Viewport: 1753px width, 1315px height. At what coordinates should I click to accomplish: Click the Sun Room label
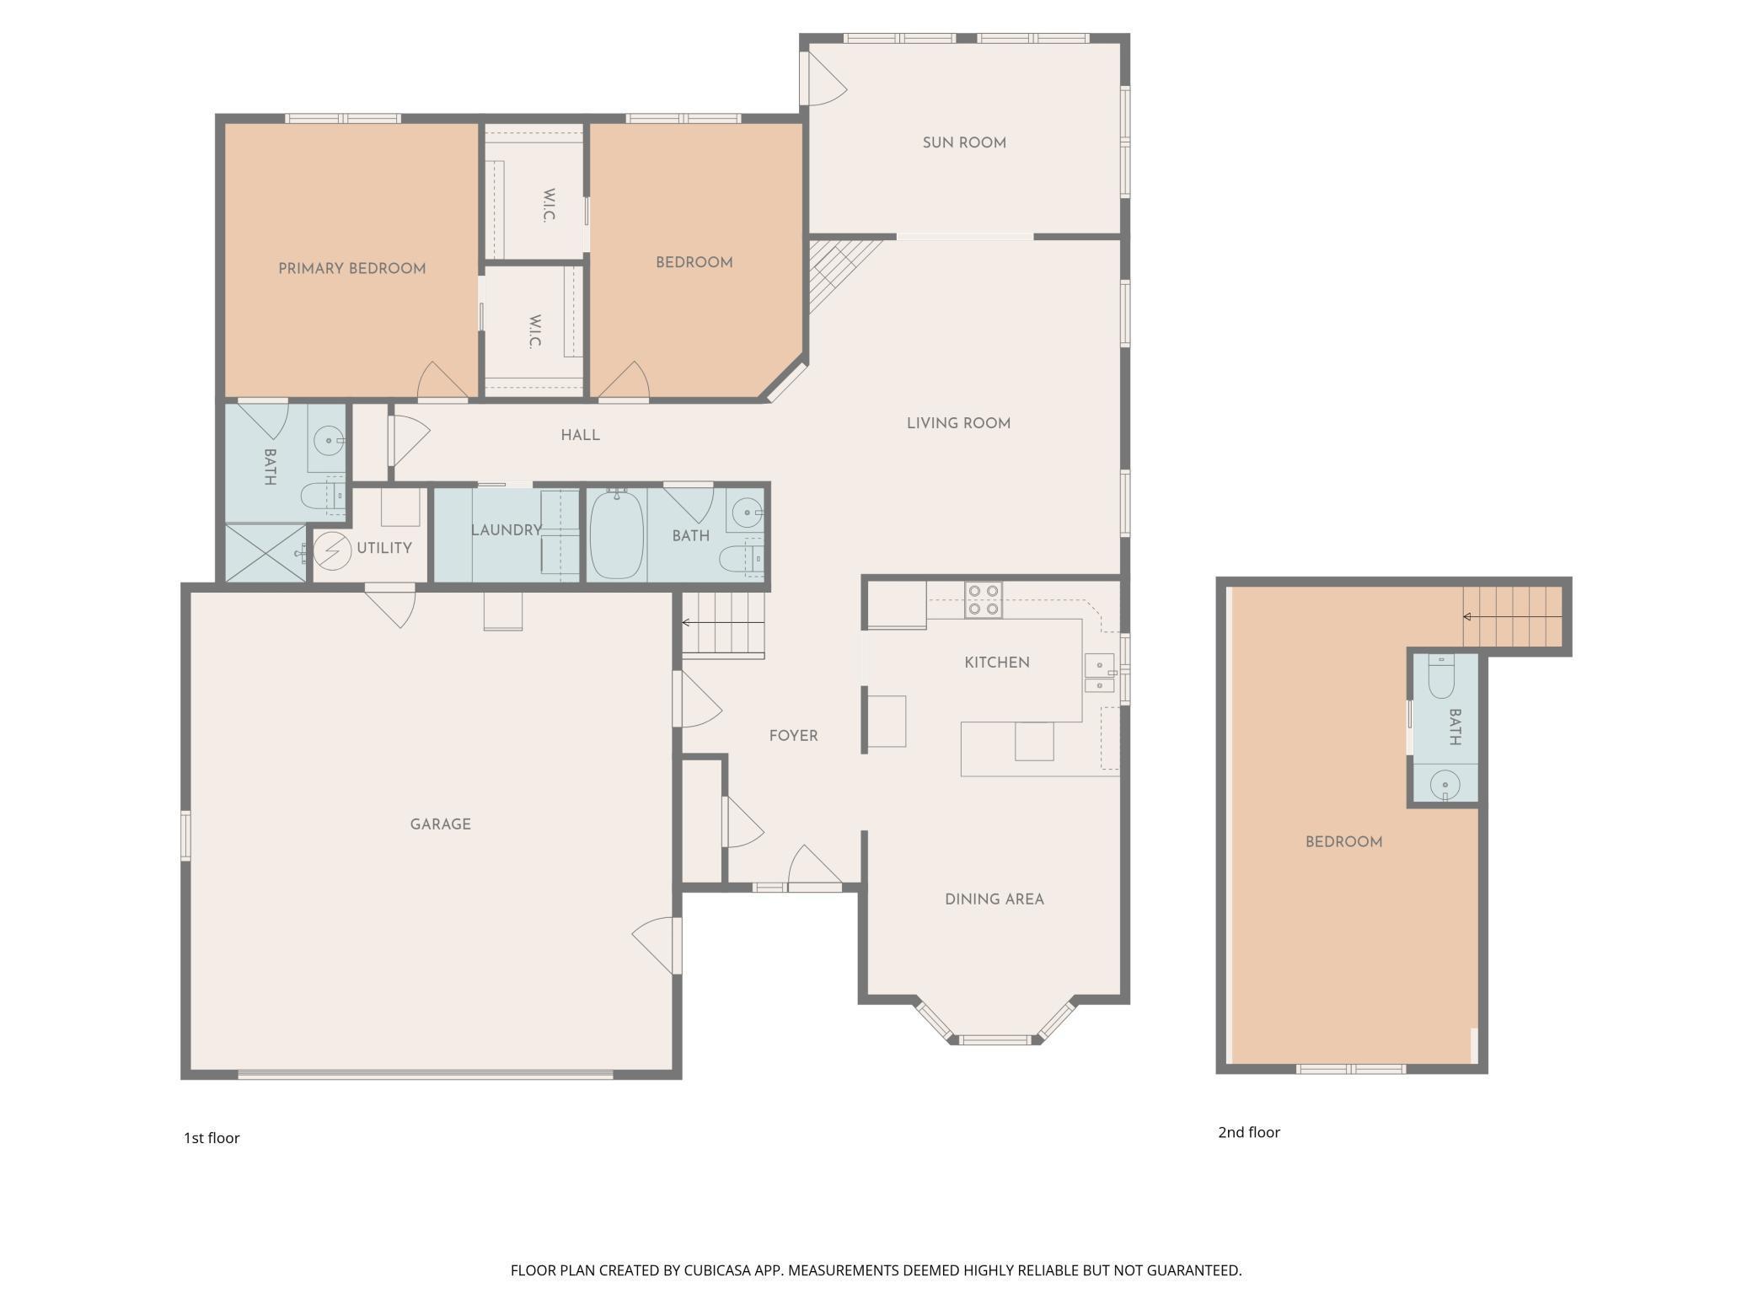964,143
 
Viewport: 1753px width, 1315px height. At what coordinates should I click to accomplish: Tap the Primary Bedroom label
352,269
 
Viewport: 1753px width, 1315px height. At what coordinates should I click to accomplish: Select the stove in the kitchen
983,599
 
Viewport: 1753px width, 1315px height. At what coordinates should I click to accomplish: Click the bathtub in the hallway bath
617,534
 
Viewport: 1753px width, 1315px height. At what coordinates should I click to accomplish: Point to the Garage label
441,824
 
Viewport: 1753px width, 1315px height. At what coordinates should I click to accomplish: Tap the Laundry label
506,530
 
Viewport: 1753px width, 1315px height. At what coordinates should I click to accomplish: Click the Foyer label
794,736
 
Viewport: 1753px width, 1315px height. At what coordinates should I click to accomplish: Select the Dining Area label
994,899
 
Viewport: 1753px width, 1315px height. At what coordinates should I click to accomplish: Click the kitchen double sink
1099,673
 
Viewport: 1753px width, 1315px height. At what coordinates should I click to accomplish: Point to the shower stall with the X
265,553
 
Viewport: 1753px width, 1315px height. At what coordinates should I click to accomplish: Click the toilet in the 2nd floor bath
1441,677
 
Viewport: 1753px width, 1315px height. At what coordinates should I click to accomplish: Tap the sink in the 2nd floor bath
1445,785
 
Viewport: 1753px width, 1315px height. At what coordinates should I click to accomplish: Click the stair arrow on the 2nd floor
1512,617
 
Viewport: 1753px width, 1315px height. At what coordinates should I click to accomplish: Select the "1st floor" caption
212,1138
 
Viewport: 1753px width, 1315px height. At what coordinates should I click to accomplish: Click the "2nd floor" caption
1249,1132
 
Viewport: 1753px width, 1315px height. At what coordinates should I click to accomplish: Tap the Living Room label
959,423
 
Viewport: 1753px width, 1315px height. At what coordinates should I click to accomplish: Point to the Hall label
581,435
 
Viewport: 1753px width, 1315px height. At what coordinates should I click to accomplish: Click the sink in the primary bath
329,440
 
